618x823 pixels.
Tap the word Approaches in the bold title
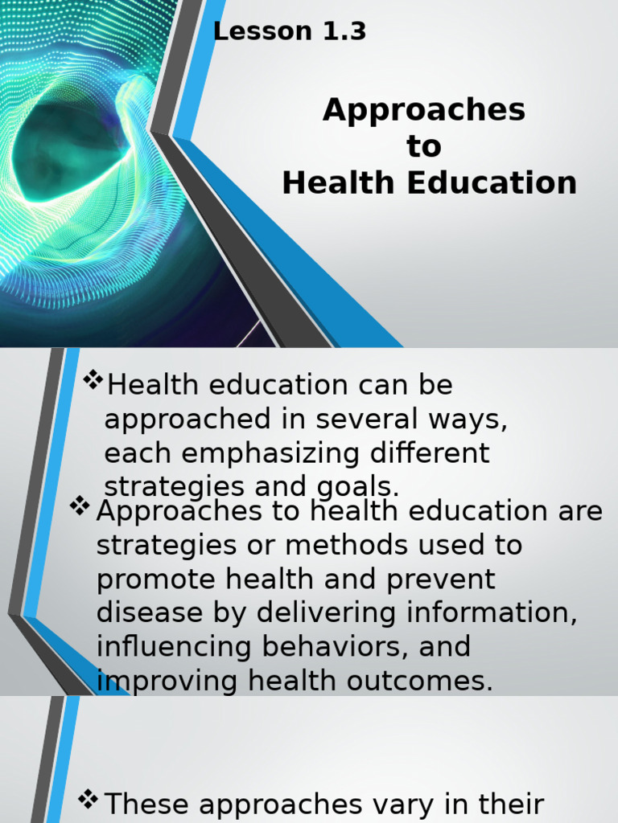tap(424, 110)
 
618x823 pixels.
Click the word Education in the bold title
tap(492, 183)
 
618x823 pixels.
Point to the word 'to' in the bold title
tap(424, 147)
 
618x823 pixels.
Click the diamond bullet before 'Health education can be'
tap(93, 379)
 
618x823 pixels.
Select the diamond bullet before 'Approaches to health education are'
tap(80, 506)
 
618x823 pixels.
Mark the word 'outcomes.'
tap(426, 681)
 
